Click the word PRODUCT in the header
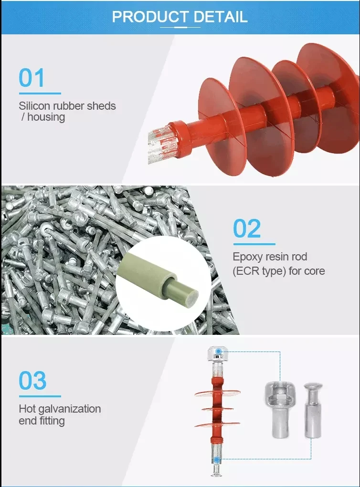tap(150, 17)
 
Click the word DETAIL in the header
tap(221, 17)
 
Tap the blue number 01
tap(32, 78)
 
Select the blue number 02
tap(247, 228)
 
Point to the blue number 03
tap(32, 380)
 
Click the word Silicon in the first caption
tap(34, 106)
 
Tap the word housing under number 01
tap(46, 117)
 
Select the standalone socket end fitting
tap(280, 409)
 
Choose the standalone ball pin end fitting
tap(312, 411)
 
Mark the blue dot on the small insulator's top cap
tap(219, 351)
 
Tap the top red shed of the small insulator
tap(217, 393)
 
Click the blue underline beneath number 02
tap(254, 244)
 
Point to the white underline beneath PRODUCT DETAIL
tap(180, 27)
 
